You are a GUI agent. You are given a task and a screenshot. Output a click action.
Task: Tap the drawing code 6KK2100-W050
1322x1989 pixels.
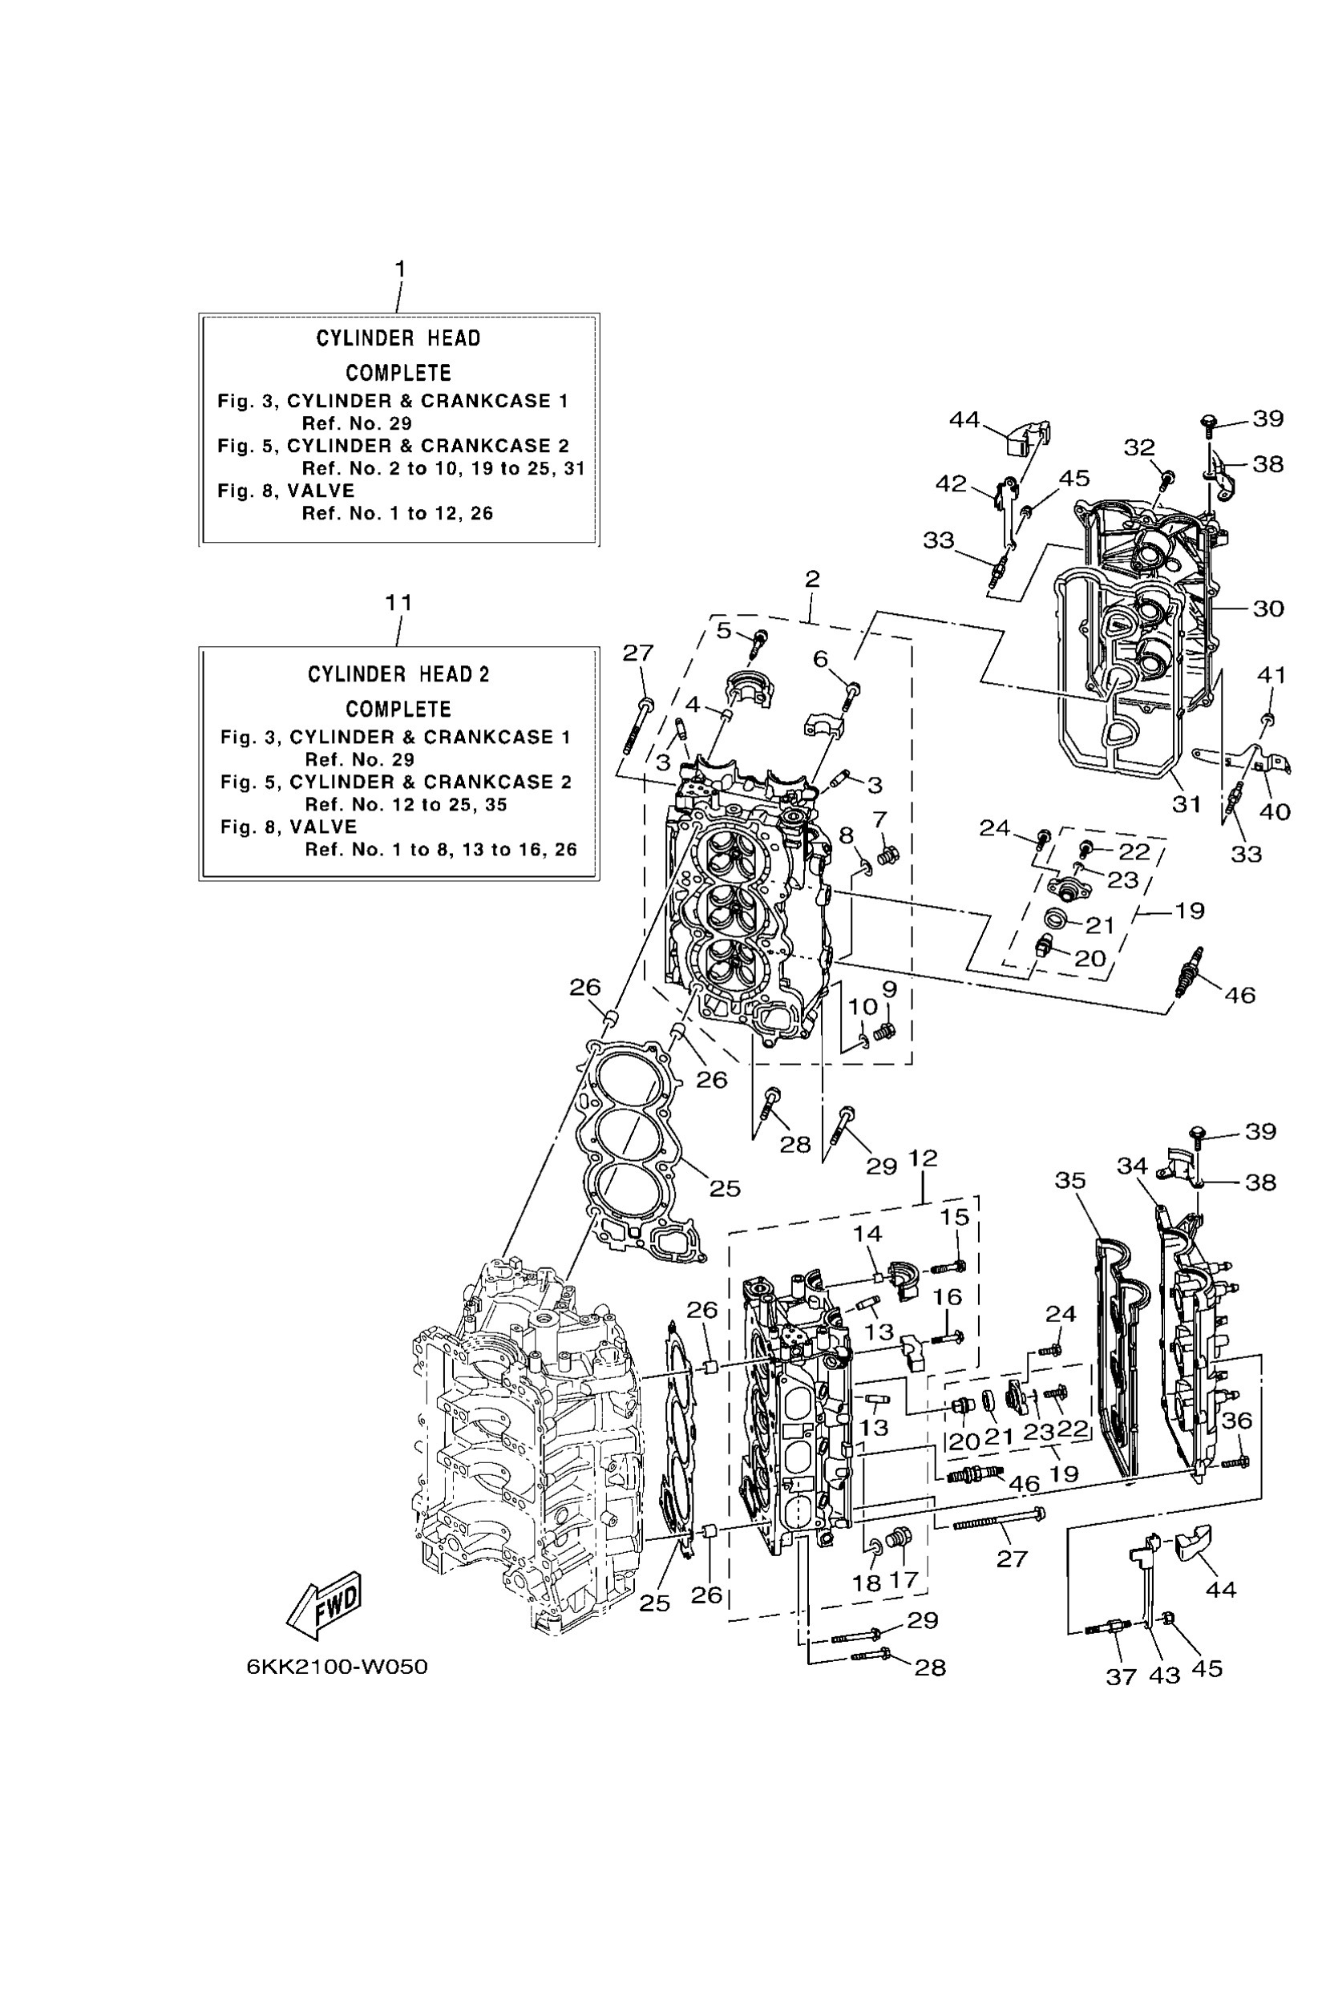338,1667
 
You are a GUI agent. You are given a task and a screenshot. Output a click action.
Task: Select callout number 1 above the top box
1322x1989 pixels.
401,269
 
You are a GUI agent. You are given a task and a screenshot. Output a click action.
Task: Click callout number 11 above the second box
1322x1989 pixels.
398,603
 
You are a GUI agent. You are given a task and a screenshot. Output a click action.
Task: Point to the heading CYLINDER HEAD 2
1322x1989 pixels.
398,674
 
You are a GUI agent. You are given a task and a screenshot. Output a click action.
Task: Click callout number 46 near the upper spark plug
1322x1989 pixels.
1239,995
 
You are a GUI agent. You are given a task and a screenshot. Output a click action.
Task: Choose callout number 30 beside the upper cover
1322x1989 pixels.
1268,608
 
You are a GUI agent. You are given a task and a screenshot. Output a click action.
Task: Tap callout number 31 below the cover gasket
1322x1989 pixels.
1187,804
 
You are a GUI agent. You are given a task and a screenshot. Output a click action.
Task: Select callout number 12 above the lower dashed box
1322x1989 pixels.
924,1158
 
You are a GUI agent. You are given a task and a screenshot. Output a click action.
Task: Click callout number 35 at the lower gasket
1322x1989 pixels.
1071,1180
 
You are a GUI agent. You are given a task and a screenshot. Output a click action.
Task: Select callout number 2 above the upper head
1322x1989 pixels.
812,580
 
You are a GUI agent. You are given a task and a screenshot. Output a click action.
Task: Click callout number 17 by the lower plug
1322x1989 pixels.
904,1579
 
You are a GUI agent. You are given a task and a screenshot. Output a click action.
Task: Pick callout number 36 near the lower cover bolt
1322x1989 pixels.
1237,1421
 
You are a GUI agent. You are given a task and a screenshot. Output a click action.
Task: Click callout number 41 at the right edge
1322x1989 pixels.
1271,674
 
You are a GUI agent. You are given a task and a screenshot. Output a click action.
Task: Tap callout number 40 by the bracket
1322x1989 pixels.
1274,811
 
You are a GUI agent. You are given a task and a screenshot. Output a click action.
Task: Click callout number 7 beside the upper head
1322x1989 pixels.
879,819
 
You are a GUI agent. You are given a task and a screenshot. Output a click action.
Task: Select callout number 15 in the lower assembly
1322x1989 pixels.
956,1217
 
